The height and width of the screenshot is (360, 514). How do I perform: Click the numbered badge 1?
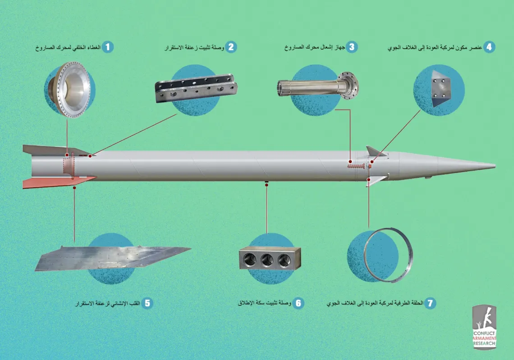click(x=107, y=47)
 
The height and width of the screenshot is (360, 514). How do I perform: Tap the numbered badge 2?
click(x=231, y=47)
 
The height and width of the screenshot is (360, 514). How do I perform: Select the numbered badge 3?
click(x=352, y=47)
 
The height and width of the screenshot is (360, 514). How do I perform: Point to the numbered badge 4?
click(x=489, y=47)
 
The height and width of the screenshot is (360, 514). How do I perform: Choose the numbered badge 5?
click(x=147, y=303)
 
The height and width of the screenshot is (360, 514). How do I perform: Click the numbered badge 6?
click(x=298, y=303)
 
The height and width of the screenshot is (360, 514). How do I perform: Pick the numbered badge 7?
click(x=430, y=303)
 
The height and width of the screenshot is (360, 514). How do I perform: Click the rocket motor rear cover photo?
click(x=68, y=90)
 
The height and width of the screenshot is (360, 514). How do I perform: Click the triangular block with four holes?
click(x=442, y=88)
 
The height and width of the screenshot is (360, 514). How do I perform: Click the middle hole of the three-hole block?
click(x=266, y=260)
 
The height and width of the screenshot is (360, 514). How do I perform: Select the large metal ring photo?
click(x=389, y=255)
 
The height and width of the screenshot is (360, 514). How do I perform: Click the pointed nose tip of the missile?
click(x=495, y=166)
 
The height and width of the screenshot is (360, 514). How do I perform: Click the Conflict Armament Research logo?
click(x=485, y=327)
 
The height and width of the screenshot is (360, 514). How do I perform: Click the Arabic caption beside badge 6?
click(x=265, y=303)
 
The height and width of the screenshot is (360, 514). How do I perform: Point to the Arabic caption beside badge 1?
click(x=68, y=47)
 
